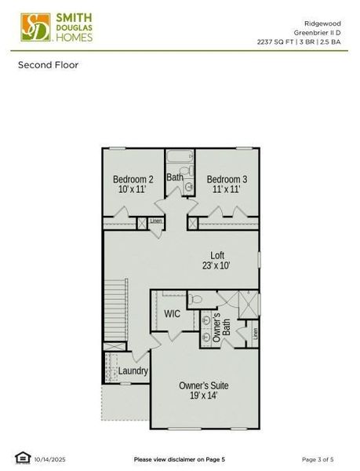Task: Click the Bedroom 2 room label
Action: (x=133, y=179)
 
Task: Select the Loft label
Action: (x=217, y=255)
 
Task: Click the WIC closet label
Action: (x=173, y=313)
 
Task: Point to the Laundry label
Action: (x=133, y=371)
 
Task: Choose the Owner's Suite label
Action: (x=203, y=385)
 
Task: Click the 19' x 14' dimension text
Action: (x=203, y=396)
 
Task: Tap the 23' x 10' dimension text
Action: (x=217, y=266)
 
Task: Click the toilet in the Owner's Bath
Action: (x=196, y=298)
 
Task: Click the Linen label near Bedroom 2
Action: (x=156, y=221)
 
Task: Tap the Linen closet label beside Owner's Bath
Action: (x=255, y=333)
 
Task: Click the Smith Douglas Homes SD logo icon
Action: (x=33, y=27)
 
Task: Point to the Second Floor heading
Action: (x=49, y=64)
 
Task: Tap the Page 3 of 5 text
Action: (x=318, y=458)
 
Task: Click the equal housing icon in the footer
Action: (x=22, y=458)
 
